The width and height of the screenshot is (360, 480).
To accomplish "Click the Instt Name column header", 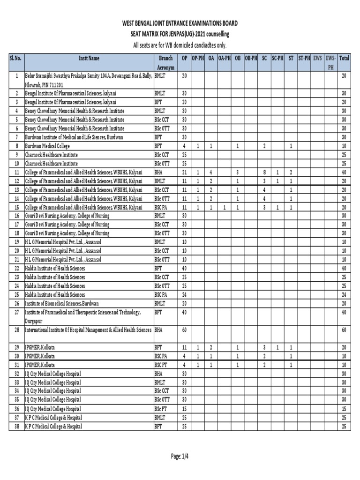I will (89, 58).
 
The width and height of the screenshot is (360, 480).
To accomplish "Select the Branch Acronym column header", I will (166, 63).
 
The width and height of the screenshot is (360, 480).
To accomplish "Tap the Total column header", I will (344, 58).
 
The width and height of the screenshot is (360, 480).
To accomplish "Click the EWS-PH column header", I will (330, 63).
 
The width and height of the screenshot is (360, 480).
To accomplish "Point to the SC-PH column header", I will (277, 58).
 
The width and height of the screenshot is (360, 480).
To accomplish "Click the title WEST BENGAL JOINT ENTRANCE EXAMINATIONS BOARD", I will (180, 23).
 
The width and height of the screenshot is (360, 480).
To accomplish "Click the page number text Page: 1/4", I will (180, 456).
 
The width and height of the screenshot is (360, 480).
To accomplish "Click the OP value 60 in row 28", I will (184, 330).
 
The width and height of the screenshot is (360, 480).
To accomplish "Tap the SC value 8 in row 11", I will (264, 172).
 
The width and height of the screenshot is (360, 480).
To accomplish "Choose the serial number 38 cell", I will (16, 426).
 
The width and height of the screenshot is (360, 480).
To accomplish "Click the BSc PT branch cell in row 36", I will (161, 408).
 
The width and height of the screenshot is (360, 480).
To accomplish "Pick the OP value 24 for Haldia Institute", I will (184, 294).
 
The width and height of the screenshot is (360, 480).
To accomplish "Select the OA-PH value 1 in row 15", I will (225, 207).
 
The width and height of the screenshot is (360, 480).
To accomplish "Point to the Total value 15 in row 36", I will (344, 408).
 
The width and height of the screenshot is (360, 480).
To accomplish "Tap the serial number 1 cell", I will (16, 75).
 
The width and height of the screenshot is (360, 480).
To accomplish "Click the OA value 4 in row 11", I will (211, 172).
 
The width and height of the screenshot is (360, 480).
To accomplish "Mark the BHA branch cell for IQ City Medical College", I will (159, 374).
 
